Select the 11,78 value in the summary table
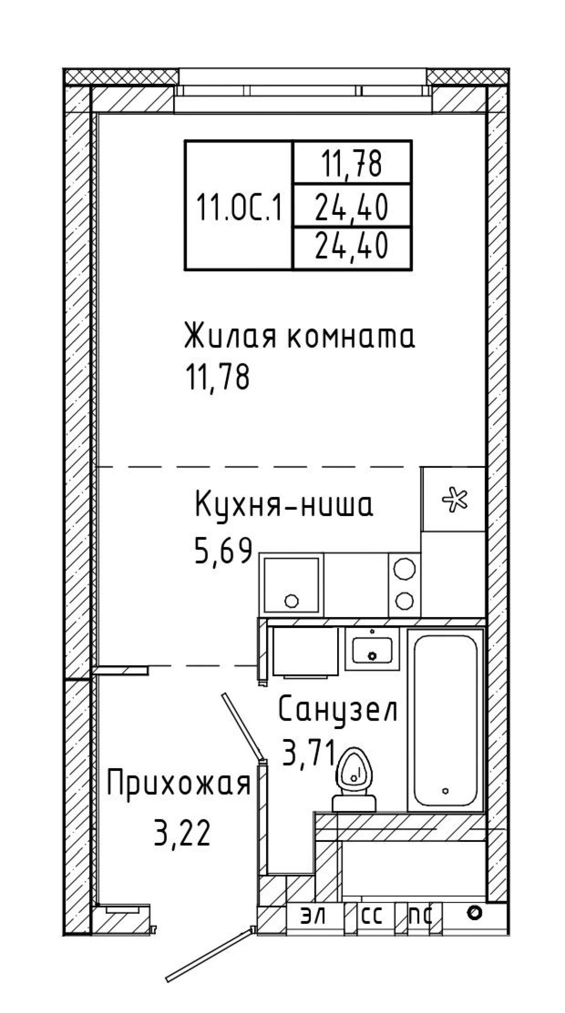[x=352, y=164]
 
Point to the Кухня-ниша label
[x=284, y=506]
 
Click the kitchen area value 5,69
[x=223, y=551]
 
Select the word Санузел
[x=338, y=710]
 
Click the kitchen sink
[x=291, y=585]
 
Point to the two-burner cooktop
[x=404, y=585]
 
